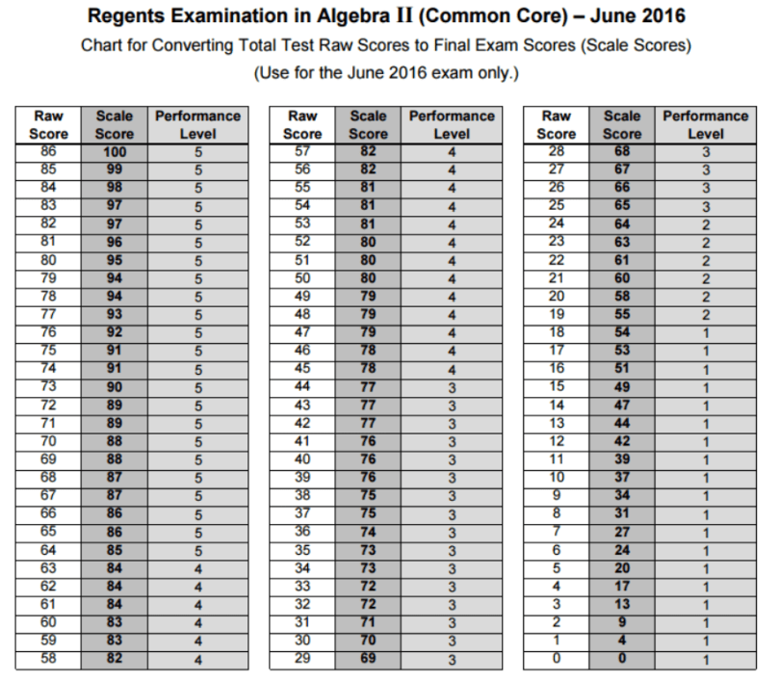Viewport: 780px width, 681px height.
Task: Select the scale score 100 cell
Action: point(116,152)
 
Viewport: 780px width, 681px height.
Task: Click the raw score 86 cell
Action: point(48,152)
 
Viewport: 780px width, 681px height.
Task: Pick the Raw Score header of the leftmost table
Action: point(48,125)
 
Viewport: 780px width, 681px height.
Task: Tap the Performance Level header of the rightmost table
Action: point(705,125)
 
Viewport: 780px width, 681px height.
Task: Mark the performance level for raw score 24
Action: point(705,223)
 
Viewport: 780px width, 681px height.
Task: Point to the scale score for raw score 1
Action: point(622,640)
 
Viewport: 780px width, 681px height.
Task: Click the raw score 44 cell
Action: point(302,386)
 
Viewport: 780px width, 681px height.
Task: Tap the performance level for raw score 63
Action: point(197,567)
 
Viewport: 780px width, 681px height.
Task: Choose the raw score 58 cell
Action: point(48,658)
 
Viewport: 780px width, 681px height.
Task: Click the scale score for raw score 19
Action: point(622,314)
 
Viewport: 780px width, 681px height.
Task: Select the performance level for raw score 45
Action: point(451,368)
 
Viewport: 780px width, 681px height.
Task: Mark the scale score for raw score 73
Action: point(116,386)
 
